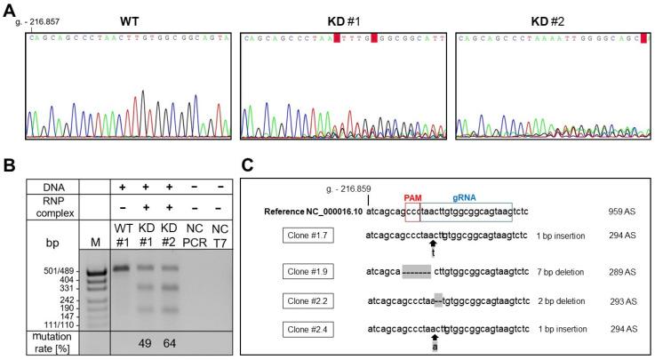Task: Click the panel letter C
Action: [x=248, y=166]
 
